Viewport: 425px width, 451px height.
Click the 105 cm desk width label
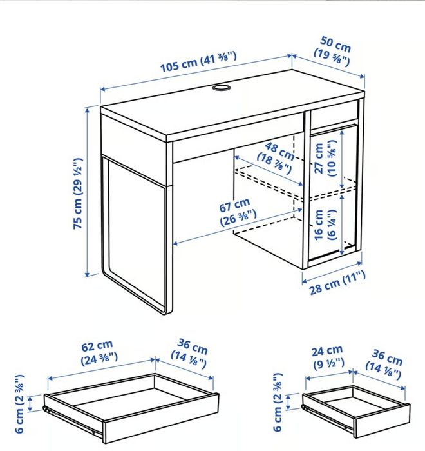[198, 61]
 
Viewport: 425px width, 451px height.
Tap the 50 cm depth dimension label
[334, 51]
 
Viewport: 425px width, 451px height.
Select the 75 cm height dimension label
[78, 194]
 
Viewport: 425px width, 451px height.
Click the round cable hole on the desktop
[222, 88]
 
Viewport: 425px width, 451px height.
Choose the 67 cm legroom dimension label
[237, 212]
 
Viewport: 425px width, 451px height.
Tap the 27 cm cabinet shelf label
[325, 158]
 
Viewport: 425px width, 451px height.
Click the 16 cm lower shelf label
[325, 225]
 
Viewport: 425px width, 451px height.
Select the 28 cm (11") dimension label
[337, 283]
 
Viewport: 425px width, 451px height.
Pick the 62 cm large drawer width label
[99, 352]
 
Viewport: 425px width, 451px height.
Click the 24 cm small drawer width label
[328, 357]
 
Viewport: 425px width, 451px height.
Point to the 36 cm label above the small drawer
[384, 364]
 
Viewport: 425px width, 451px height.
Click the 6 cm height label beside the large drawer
[20, 403]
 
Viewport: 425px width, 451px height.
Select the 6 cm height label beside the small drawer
[278, 402]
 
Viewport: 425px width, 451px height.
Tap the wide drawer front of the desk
[238, 138]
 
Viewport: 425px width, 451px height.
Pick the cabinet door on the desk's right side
[334, 193]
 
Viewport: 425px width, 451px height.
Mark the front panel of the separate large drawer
[161, 419]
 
